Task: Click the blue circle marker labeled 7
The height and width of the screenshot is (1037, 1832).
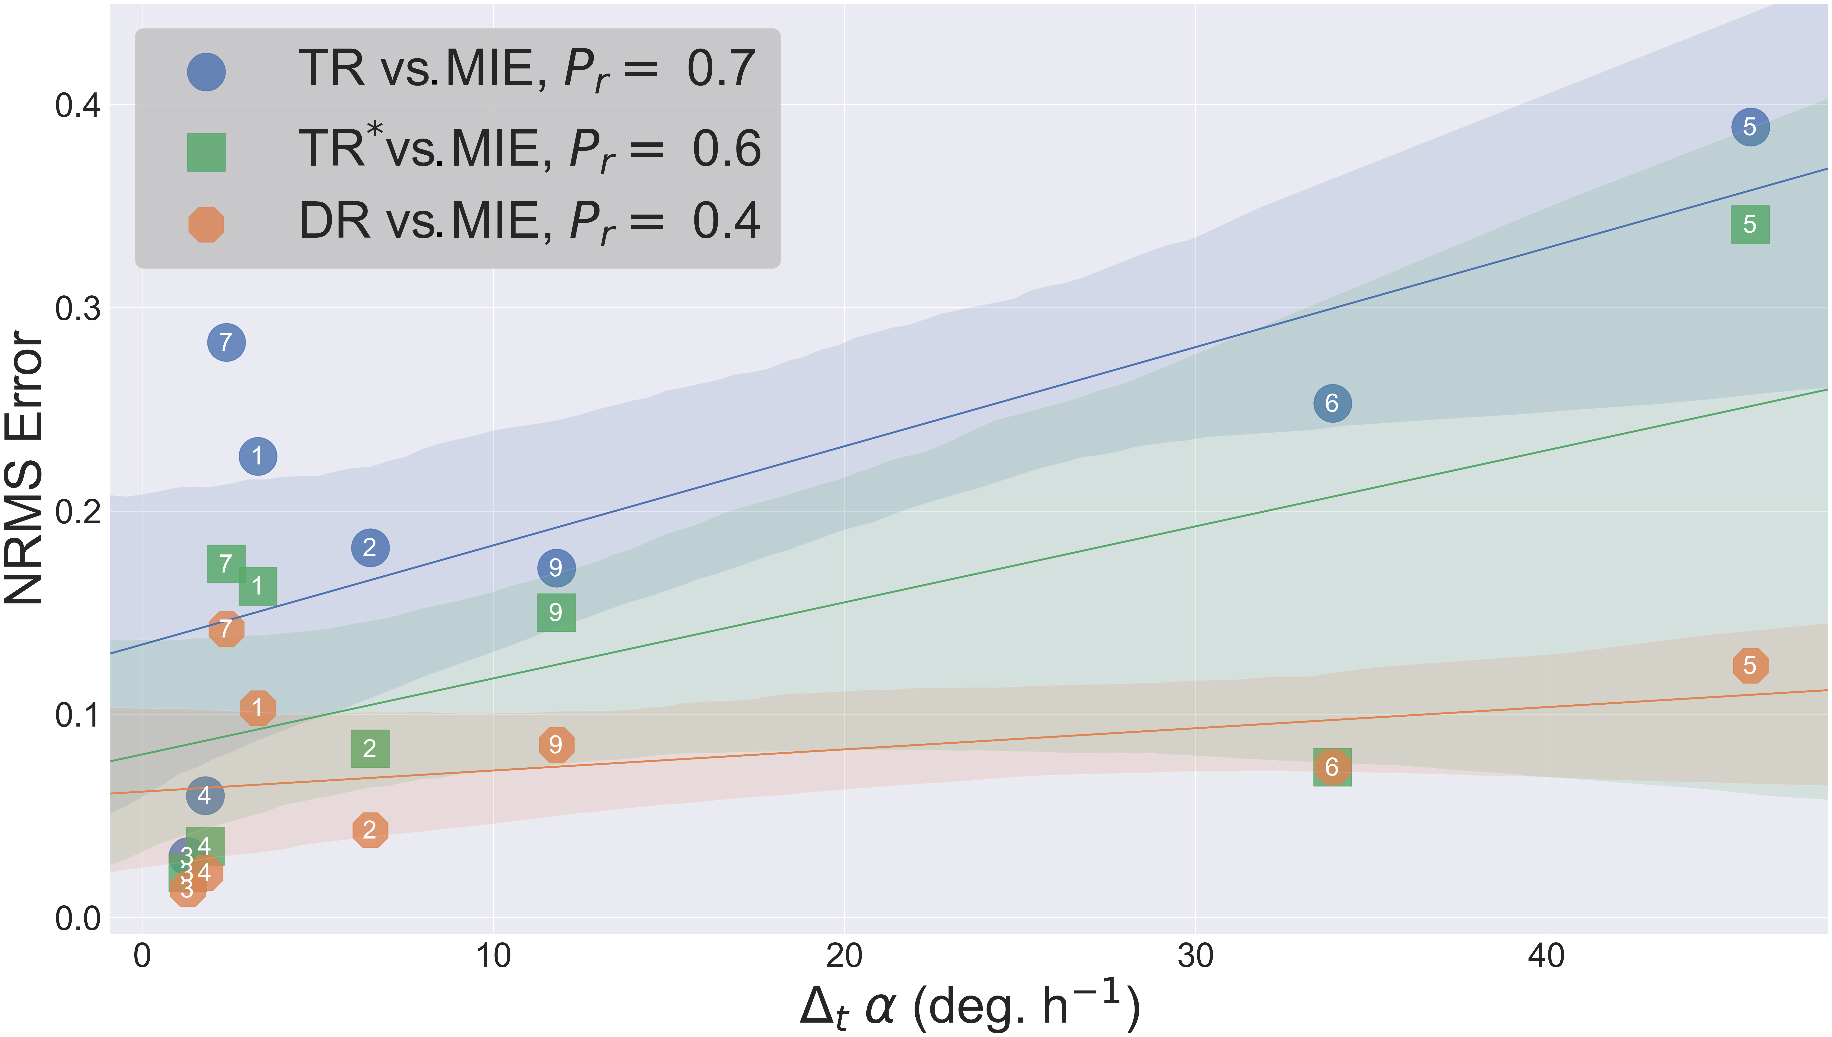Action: coord(226,343)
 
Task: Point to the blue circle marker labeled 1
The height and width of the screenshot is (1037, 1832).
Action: coord(257,456)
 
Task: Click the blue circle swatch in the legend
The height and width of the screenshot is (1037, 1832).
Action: coord(206,72)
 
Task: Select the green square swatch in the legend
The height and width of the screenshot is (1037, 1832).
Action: coord(206,152)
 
